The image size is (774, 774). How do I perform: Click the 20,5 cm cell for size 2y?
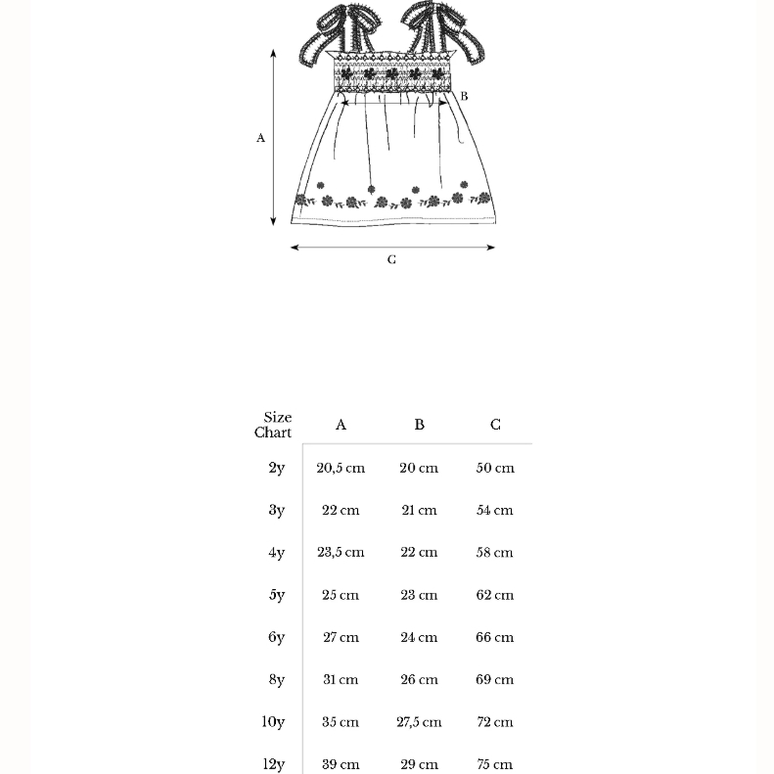[x=341, y=468]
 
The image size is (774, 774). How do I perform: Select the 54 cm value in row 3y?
[x=494, y=510]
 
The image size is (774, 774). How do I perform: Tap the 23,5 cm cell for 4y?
[x=341, y=552]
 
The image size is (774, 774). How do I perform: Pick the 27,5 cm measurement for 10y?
[x=419, y=722]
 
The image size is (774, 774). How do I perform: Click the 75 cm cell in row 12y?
[x=494, y=764]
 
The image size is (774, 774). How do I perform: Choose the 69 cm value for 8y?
[x=494, y=679]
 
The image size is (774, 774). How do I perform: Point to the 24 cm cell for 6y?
[x=419, y=637]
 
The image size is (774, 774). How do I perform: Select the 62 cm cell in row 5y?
[x=494, y=595]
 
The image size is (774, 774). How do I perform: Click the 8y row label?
[x=277, y=679]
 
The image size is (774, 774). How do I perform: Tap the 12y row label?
[x=274, y=764]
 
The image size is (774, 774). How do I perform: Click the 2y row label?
[x=277, y=468]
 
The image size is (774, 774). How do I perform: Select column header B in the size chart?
[x=419, y=425]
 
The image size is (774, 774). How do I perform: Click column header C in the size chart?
[x=495, y=425]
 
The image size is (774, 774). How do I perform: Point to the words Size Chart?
[x=274, y=425]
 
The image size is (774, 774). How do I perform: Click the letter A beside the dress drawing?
[x=261, y=138]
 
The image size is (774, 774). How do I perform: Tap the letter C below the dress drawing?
[x=391, y=260]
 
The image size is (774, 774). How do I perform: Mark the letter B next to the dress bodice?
[x=464, y=96]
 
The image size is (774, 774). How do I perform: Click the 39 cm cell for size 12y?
[x=341, y=764]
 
